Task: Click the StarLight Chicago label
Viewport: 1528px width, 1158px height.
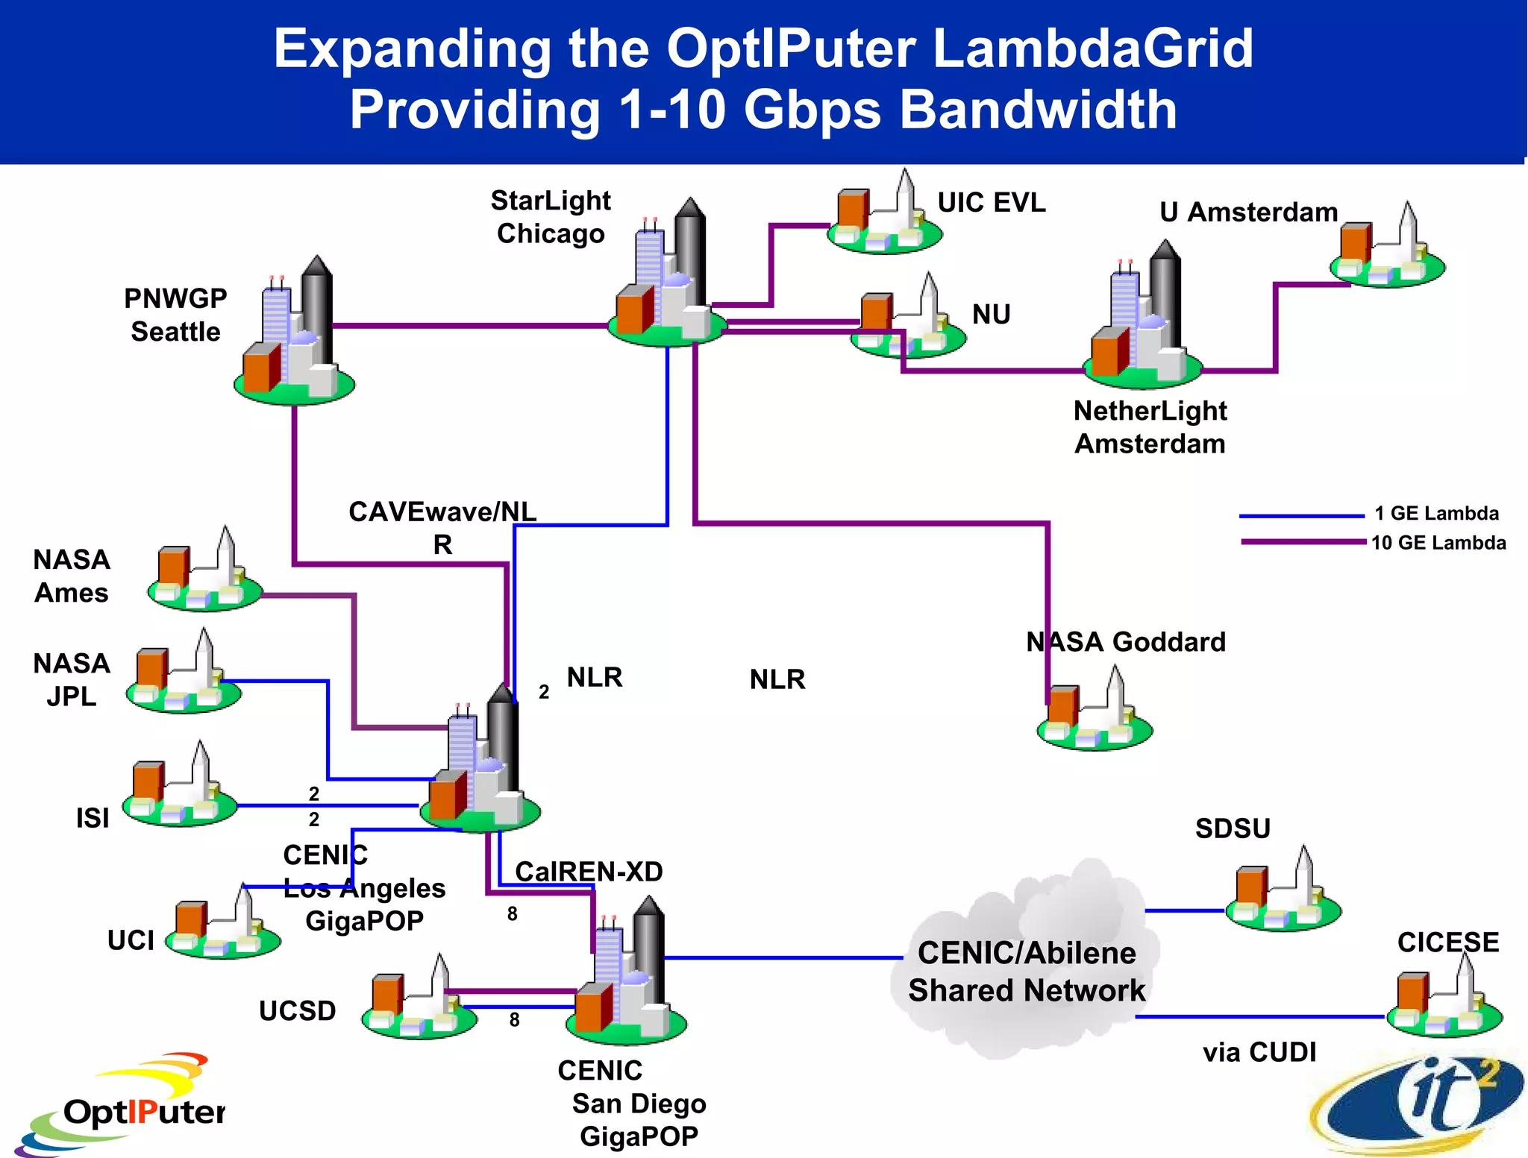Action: coord(551,217)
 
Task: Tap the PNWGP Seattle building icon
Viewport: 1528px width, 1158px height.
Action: coord(295,336)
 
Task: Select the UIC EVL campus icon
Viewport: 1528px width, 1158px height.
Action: coord(884,216)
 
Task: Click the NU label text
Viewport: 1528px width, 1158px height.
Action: coord(991,315)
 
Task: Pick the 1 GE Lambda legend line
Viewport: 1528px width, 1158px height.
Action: coord(1301,515)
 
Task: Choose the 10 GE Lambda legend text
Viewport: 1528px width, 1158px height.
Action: coord(1438,543)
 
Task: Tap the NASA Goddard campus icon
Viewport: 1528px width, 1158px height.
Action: coord(1095,712)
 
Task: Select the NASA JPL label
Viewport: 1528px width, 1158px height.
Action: coord(72,679)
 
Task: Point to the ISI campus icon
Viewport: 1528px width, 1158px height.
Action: coord(180,788)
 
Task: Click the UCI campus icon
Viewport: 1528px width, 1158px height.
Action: coord(222,925)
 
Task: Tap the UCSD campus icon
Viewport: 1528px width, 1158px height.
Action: coord(419,1001)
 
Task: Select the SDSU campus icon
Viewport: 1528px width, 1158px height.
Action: coord(1283,893)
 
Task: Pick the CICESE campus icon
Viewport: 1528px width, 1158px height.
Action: coord(1444,1001)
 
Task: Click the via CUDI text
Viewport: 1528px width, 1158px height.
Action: coord(1259,1052)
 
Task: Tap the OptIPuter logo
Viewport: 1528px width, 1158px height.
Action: coord(123,1104)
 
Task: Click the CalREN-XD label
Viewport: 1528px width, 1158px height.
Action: coord(589,872)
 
